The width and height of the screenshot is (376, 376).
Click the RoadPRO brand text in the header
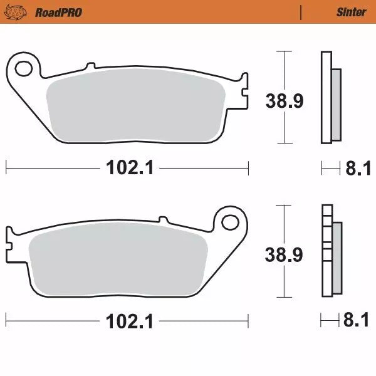[58, 12]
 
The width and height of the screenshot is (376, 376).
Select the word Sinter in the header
[351, 12]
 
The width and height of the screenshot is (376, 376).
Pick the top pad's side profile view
[331, 97]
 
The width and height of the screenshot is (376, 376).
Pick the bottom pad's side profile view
[331, 251]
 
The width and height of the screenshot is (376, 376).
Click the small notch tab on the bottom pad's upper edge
[164, 220]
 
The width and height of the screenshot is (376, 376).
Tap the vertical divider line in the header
[302, 12]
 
